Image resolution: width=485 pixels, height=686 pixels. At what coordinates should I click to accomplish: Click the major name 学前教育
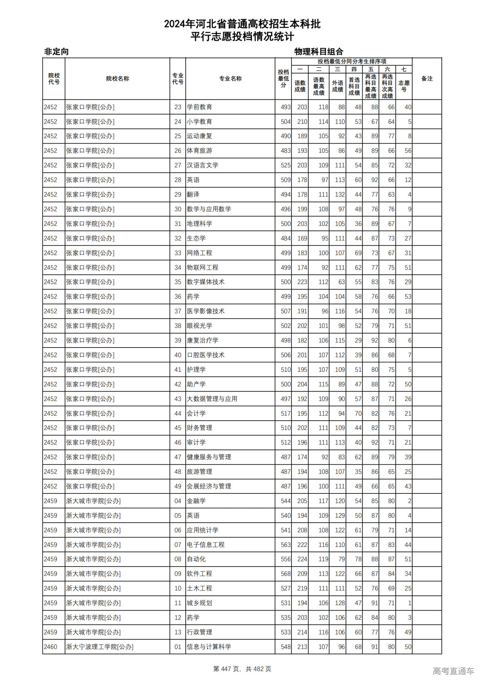pos(199,107)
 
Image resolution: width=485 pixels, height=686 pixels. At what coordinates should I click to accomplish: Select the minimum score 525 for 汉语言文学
pos(285,166)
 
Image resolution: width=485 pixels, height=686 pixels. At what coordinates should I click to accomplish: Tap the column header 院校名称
pos(117,79)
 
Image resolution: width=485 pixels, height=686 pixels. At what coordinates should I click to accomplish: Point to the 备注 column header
pos(427,79)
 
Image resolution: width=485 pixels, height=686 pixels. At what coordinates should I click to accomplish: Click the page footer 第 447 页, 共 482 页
pos(242,669)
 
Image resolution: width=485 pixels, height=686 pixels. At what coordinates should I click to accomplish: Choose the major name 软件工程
pos(199,574)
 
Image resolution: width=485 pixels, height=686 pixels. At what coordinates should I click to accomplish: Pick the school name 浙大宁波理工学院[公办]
pos(100,647)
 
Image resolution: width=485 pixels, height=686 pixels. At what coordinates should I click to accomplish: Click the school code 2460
pos(50,647)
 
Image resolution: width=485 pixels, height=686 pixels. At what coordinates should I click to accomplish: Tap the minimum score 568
pos(285,574)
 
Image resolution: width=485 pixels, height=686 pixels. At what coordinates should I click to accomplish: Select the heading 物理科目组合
pos(319,52)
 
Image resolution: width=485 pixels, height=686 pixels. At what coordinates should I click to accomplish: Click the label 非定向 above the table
pos(56,52)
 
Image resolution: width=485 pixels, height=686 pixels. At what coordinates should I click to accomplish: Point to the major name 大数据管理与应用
pos(212,399)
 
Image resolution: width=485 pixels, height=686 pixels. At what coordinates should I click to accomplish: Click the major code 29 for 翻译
pos(178,195)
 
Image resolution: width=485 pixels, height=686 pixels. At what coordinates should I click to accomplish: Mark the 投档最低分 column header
pos(283,78)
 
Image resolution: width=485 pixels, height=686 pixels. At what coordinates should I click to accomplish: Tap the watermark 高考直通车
pos(453,671)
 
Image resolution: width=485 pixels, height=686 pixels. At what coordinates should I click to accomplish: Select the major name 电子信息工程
pos(205,545)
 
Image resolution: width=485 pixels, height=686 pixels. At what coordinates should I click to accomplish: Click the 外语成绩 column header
pos(337,86)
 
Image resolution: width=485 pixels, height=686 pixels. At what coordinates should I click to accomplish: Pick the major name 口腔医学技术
pos(205,355)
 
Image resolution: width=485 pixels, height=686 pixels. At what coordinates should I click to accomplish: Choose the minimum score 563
pos(285,545)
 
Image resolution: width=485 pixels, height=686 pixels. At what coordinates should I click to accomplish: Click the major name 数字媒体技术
pos(205,282)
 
